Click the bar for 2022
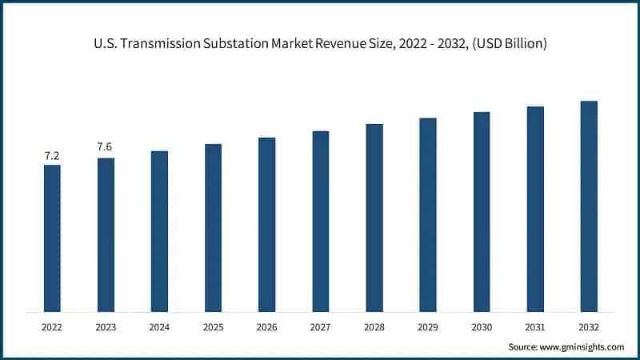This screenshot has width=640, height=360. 52,238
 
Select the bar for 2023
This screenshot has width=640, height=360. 106,235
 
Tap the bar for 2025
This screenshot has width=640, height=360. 213,228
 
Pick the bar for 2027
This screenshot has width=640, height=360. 320,222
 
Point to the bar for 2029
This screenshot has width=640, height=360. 428,215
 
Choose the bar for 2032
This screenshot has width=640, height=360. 589,206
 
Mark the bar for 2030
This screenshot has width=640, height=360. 482,212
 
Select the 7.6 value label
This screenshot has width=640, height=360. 106,147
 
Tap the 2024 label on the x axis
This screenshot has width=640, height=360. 159,327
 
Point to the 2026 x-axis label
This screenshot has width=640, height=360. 266,327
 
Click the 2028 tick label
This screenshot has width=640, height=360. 374,327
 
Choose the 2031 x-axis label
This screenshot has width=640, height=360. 535,327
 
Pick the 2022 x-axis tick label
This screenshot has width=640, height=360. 52,327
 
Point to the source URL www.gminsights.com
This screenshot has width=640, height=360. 582,346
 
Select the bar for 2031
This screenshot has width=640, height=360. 535,209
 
